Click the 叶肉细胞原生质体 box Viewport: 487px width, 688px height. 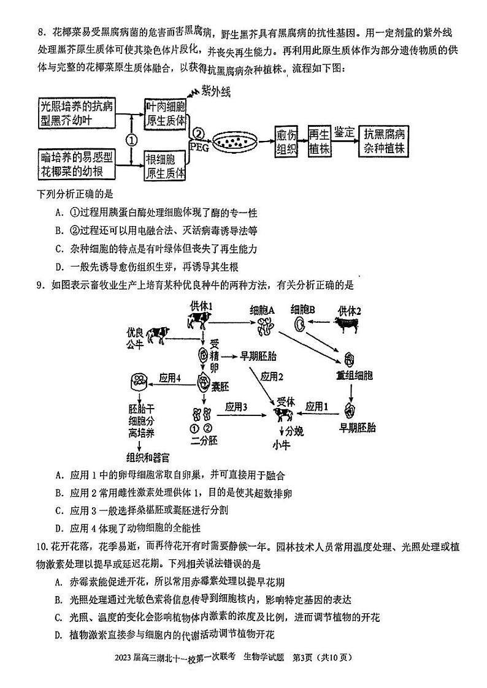(166, 113)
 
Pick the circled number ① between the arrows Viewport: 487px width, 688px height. (131, 139)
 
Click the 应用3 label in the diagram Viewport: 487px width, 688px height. (236, 406)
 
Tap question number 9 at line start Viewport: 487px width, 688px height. (40, 285)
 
